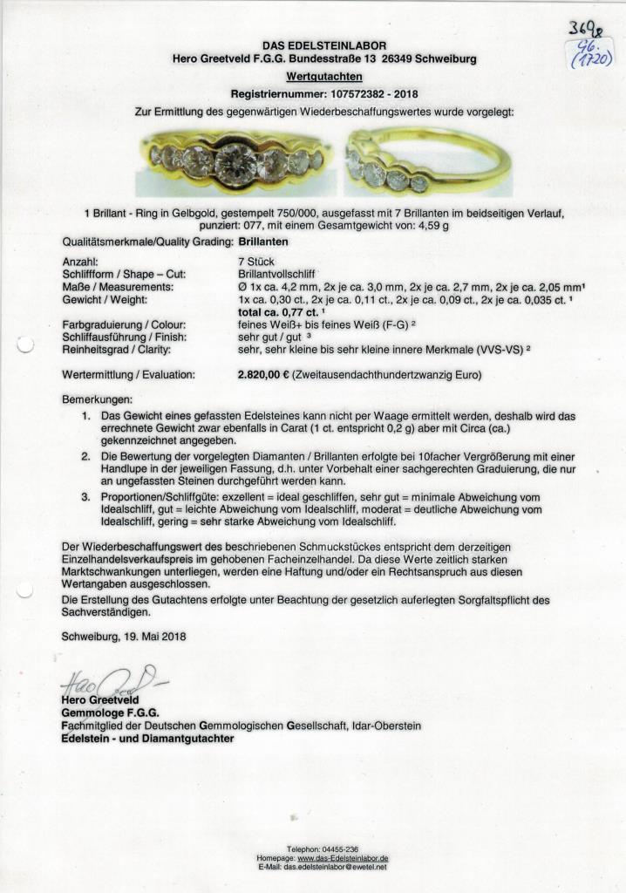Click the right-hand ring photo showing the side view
tap(426, 162)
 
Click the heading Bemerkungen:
tap(95, 398)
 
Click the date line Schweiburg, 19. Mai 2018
tap(124, 636)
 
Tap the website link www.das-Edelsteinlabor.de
tap(343, 858)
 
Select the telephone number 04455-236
tap(340, 849)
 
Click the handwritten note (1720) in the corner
tap(590, 58)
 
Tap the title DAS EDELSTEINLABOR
tap(324, 44)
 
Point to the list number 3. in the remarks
tap(86, 496)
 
